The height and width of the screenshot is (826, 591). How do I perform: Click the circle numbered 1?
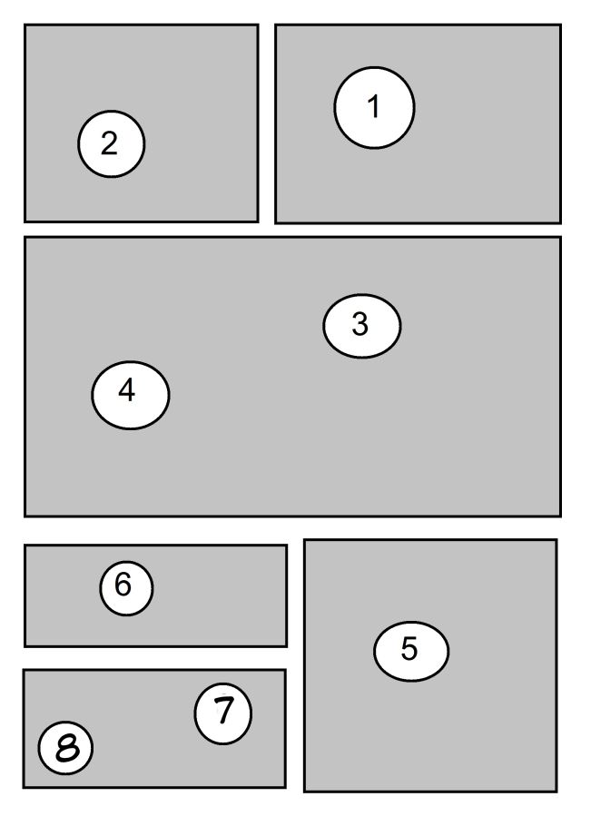click(374, 107)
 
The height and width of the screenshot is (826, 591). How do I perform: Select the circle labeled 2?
click(111, 143)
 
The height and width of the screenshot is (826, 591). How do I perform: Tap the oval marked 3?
click(362, 326)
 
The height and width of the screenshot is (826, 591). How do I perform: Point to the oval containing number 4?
click(131, 395)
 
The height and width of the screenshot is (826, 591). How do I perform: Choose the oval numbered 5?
click(411, 651)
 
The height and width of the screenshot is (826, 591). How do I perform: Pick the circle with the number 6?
click(126, 588)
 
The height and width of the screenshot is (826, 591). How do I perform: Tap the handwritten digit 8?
click(67, 748)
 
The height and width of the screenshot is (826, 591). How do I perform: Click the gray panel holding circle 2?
click(141, 123)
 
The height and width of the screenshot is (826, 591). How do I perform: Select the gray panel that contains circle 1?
click(418, 123)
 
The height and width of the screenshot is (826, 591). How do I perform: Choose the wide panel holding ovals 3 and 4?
click(292, 377)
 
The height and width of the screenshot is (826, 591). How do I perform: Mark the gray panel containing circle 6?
click(155, 595)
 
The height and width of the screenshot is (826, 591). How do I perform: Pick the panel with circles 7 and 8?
click(154, 729)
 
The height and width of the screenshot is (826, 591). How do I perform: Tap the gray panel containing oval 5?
click(430, 665)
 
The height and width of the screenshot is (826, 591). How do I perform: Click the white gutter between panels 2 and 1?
click(267, 123)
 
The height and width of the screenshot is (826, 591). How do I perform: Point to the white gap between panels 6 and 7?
click(155, 658)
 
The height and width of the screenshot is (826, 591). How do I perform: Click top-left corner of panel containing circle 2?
click(25, 25)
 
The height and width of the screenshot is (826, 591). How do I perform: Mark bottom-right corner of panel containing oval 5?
click(557, 792)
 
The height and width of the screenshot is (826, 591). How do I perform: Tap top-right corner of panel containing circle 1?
click(560, 25)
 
